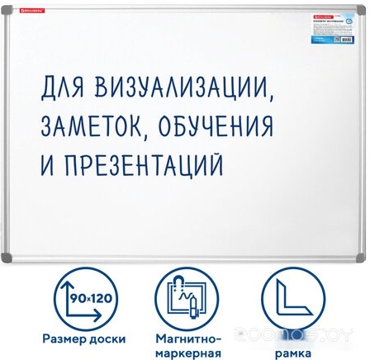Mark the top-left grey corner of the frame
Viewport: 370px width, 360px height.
click(7, 8)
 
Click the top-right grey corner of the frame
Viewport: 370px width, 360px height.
click(362, 8)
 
